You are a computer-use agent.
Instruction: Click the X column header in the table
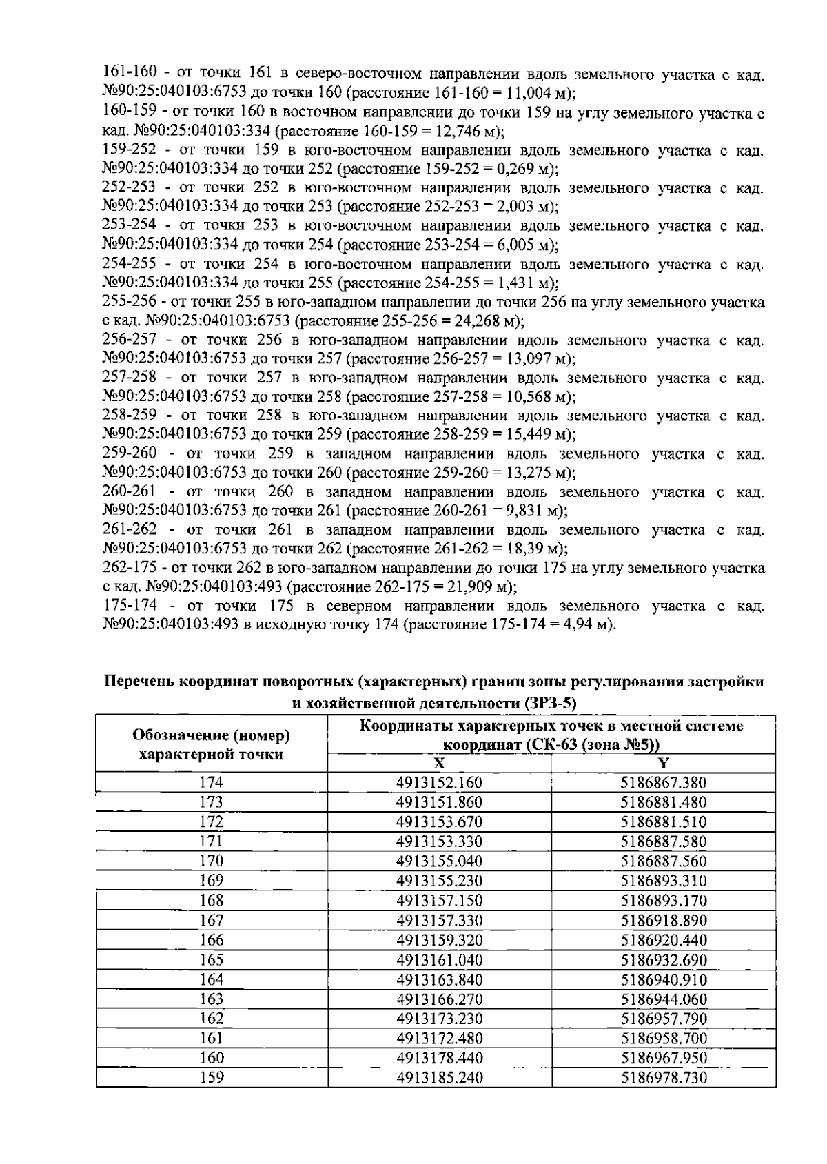coord(439,763)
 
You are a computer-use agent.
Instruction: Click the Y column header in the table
coord(664,763)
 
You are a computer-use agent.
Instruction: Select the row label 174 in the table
coord(212,782)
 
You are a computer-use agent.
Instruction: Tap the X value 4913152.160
coord(439,782)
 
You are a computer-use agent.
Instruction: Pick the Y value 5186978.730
coord(664,1078)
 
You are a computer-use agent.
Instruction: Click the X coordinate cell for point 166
coord(439,940)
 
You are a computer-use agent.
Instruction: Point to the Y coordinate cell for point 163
coord(664,999)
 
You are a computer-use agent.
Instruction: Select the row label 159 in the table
coord(212,1078)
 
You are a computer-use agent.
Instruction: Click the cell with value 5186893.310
coord(664,881)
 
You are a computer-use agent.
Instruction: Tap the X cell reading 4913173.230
coord(439,1019)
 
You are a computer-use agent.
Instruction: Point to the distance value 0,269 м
coord(527,169)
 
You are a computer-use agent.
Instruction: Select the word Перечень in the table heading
coord(138,682)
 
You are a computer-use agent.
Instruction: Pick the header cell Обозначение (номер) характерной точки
coord(212,744)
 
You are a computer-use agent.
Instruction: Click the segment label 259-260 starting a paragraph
coord(129,454)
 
